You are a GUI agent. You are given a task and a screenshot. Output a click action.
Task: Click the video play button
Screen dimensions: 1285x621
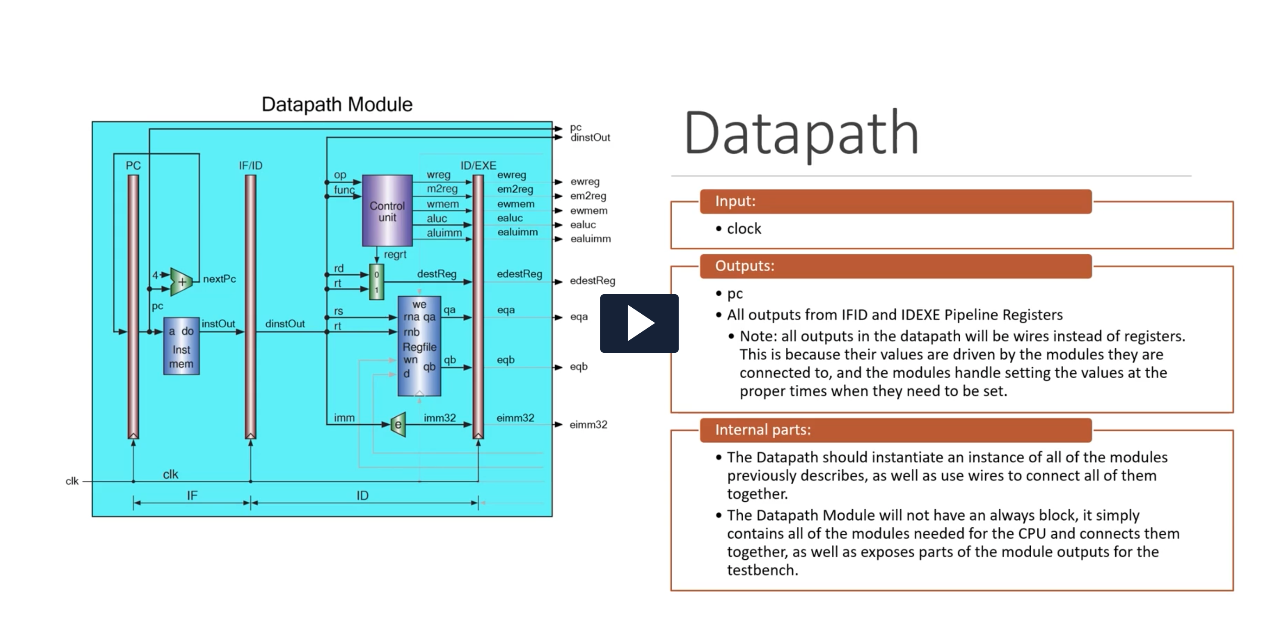click(x=639, y=323)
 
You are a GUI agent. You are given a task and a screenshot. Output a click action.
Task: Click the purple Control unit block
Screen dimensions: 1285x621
click(x=387, y=211)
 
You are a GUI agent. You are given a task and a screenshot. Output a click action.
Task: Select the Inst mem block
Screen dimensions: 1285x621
click(x=181, y=346)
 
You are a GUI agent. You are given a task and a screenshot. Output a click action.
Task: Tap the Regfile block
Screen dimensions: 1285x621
click(x=419, y=346)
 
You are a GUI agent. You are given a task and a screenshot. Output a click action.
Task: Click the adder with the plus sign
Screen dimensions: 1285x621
click(x=181, y=282)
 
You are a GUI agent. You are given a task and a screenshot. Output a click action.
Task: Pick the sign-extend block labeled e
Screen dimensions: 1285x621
click(x=398, y=424)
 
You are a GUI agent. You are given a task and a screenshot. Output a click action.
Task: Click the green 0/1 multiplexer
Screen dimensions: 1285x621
click(x=377, y=282)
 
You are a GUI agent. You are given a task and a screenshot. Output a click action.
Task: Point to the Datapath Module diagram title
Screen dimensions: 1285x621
click(x=337, y=104)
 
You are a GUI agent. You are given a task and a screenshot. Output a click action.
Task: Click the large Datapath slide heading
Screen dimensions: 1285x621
click(x=801, y=133)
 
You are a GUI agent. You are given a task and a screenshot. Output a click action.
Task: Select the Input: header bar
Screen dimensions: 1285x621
click(x=895, y=201)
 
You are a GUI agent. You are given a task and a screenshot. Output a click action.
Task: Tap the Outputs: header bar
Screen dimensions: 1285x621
click(x=895, y=266)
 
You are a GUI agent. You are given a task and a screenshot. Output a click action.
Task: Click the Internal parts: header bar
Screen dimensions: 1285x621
click(x=895, y=430)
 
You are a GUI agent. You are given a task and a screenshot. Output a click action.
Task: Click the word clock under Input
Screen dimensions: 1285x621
click(x=744, y=229)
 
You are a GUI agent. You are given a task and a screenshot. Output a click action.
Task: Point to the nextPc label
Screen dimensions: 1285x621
click(x=219, y=279)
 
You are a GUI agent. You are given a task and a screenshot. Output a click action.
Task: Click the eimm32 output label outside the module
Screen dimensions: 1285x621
click(x=589, y=425)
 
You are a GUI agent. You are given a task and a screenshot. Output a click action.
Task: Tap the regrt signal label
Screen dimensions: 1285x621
click(x=395, y=255)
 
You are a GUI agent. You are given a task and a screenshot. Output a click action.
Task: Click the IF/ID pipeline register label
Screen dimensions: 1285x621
click(x=251, y=166)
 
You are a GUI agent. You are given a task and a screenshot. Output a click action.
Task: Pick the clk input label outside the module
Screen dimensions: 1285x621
click(x=72, y=481)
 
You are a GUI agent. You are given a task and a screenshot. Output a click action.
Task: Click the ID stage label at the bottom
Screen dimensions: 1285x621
click(x=363, y=496)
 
